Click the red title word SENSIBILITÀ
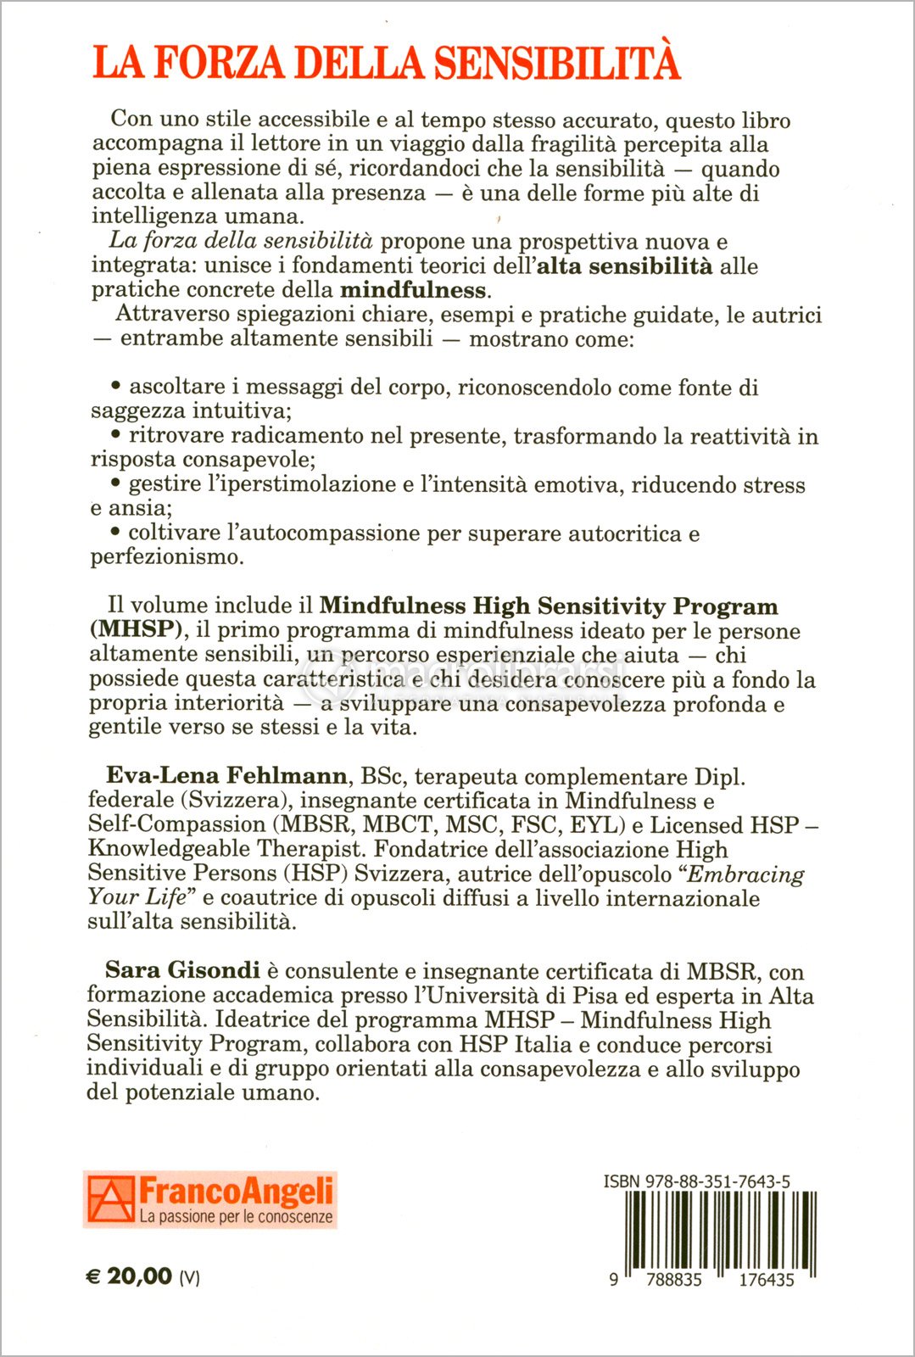coord(557,63)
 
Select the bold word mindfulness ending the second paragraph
coord(413,290)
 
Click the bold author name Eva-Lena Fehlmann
coord(226,775)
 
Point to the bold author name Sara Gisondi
coord(182,970)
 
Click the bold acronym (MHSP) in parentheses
coord(137,629)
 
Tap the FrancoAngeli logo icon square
coord(111,1199)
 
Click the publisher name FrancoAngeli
coord(236,1192)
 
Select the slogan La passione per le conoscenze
coord(236,1217)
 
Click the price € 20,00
coord(130,1276)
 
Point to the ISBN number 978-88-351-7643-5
coord(697,1181)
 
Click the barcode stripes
coord(720,1230)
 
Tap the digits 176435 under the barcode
coord(766,1280)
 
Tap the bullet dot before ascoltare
coord(116,386)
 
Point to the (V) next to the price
coord(189,1277)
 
